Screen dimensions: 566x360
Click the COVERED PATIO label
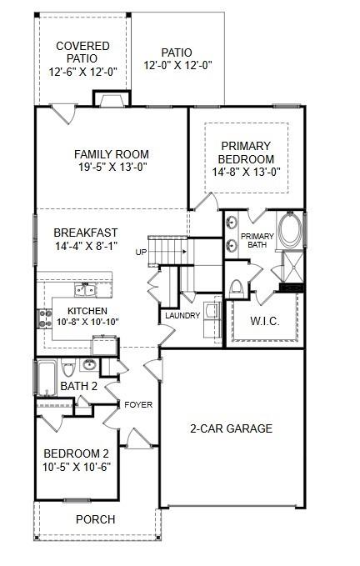tap(82, 52)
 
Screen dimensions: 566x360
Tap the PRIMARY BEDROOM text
tap(245, 153)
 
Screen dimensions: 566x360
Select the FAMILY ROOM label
tap(111, 154)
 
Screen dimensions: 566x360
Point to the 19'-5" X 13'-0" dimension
tap(111, 168)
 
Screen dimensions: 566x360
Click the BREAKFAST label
tap(86, 233)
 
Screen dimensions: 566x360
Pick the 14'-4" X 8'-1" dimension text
tap(86, 247)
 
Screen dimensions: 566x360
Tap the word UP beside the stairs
tap(141, 251)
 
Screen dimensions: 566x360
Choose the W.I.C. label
tap(264, 322)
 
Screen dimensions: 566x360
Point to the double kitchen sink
tap(83, 290)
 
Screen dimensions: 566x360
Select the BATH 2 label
tap(79, 386)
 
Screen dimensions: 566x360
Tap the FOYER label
tap(138, 405)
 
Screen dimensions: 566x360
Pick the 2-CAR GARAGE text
tap(231, 428)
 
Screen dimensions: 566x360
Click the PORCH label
tap(96, 519)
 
